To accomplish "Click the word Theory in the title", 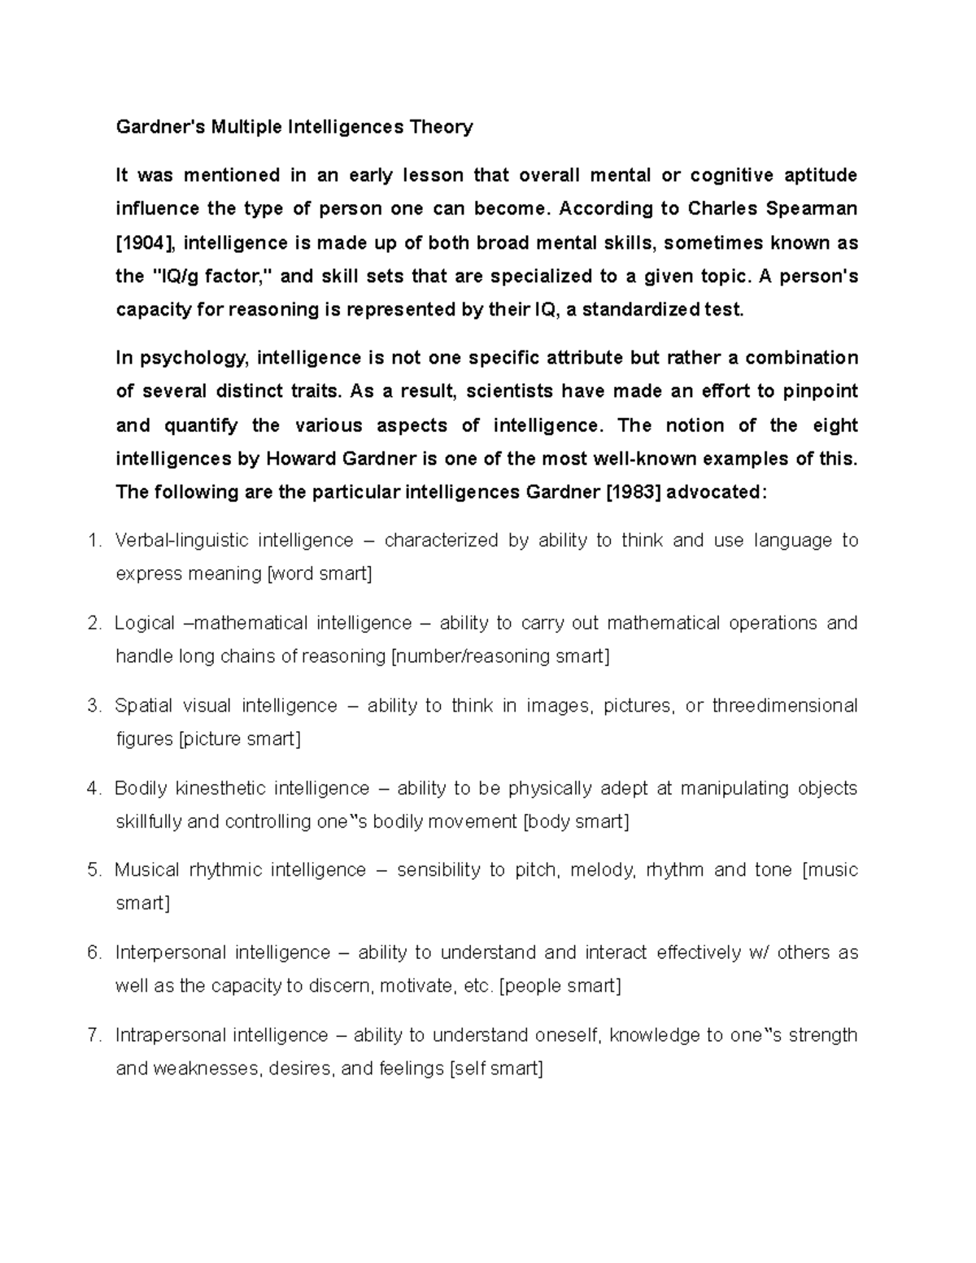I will (440, 127).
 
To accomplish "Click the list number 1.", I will (94, 541).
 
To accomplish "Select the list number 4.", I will (94, 788).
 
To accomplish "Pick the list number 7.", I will (94, 1035).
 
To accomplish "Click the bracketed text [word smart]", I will (320, 574).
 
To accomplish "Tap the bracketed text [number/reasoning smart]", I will (500, 656).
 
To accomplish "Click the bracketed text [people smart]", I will (560, 986).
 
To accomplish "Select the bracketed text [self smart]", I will (496, 1069).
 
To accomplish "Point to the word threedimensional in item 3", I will (784, 706).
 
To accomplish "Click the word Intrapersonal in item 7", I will (169, 1035).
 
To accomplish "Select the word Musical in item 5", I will (146, 870).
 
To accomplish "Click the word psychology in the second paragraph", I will (192, 359).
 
